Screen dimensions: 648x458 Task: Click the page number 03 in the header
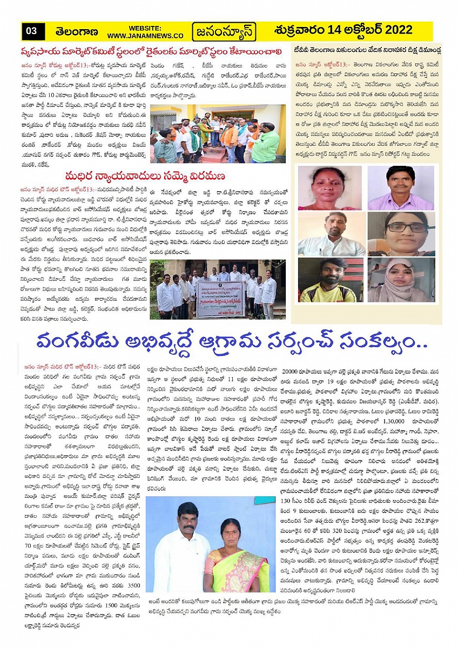click(x=31, y=31)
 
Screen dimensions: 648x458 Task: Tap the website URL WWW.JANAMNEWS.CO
click(x=145, y=35)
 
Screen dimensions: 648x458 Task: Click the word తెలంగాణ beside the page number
click(x=75, y=31)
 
